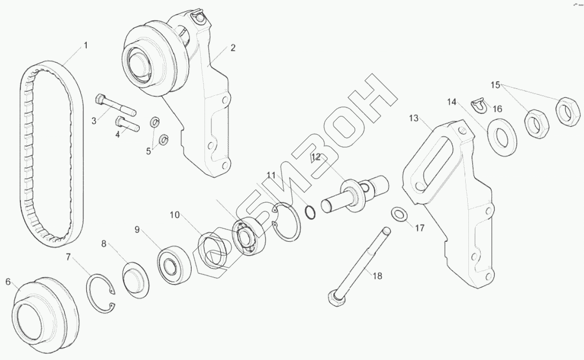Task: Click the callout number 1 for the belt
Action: click(x=85, y=46)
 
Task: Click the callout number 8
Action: click(x=104, y=243)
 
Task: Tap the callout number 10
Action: click(x=175, y=215)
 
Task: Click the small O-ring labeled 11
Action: click(x=310, y=211)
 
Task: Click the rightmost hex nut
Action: click(x=568, y=110)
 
